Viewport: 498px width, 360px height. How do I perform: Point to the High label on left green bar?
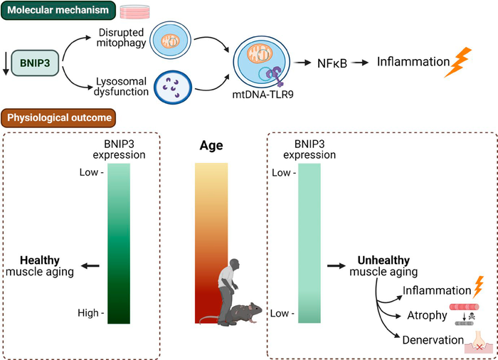point(90,312)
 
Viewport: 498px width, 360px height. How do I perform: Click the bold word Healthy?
point(39,260)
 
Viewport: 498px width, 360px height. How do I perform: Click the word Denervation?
point(432,340)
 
